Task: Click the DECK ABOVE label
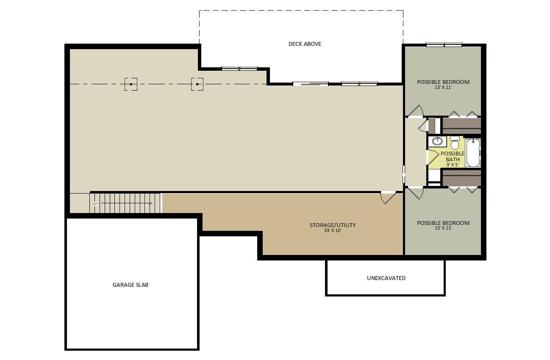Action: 305,44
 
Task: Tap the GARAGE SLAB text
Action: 131,285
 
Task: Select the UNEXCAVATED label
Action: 386,278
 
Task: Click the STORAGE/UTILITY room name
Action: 333,225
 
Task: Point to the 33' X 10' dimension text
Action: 333,231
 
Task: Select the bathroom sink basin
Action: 437,141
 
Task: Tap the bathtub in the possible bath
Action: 473,152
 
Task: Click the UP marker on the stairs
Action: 95,204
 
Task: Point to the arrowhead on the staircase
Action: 151,203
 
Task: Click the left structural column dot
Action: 131,84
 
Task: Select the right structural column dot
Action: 197,84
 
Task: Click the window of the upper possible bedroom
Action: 444,45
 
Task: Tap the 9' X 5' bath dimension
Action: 453,165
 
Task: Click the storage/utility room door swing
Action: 389,197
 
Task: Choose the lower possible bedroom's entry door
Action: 415,194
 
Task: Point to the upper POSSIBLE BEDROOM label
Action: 443,82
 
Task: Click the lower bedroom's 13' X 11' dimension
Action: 443,228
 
